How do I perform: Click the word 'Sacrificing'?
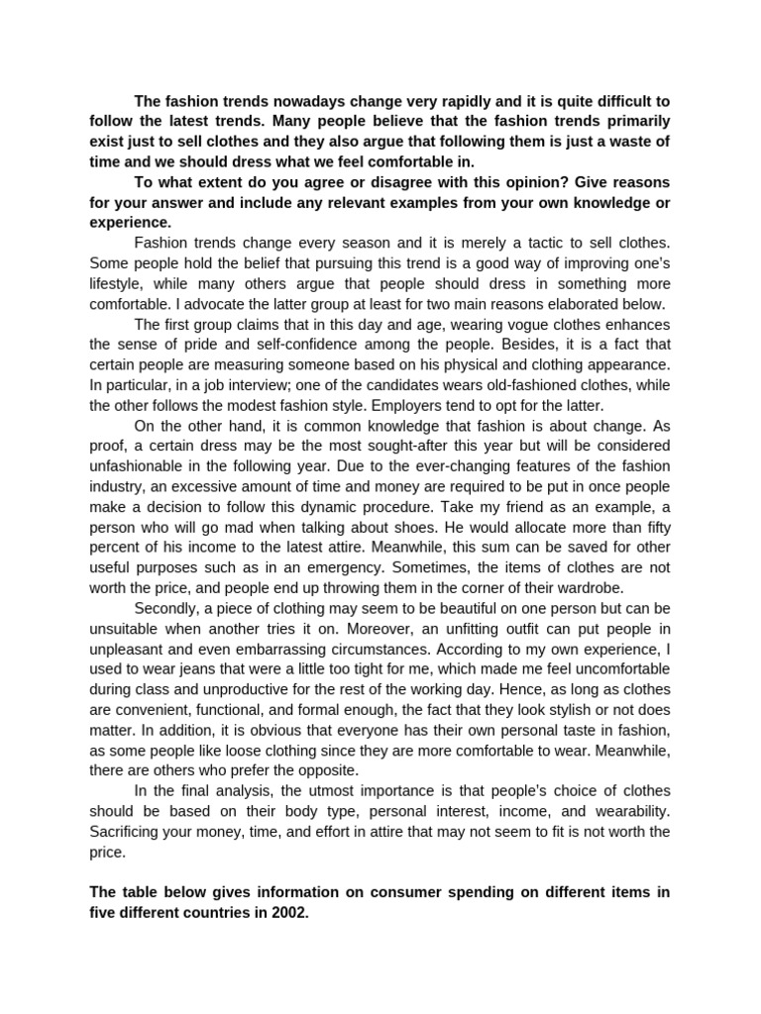pos(128,831)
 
